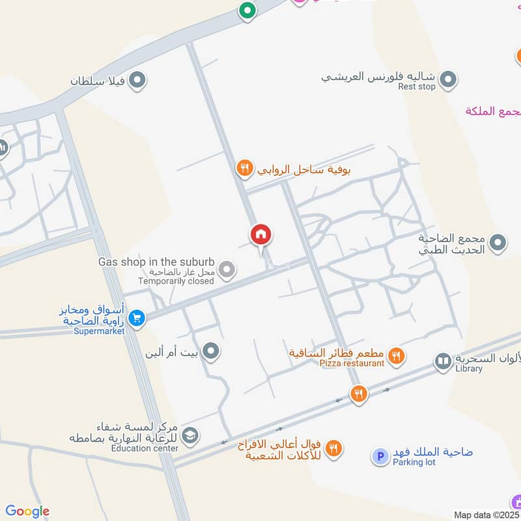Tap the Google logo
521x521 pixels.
click(x=27, y=511)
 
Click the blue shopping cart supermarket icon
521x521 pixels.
click(x=135, y=318)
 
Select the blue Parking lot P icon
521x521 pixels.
click(x=380, y=457)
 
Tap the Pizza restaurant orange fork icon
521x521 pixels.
click(x=396, y=356)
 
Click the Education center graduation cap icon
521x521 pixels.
click(x=190, y=435)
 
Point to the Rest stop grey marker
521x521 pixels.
click(x=447, y=81)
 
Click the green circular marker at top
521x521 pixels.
click(x=246, y=10)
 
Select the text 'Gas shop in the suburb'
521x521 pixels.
click(x=156, y=261)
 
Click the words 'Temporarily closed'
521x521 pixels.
click(x=176, y=281)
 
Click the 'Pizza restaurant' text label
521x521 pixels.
click(x=352, y=363)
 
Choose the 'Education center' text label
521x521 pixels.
click(x=144, y=448)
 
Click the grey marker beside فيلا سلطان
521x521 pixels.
click(x=137, y=81)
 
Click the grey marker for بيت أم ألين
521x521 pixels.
click(x=210, y=352)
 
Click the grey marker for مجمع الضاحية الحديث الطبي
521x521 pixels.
click(x=498, y=244)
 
